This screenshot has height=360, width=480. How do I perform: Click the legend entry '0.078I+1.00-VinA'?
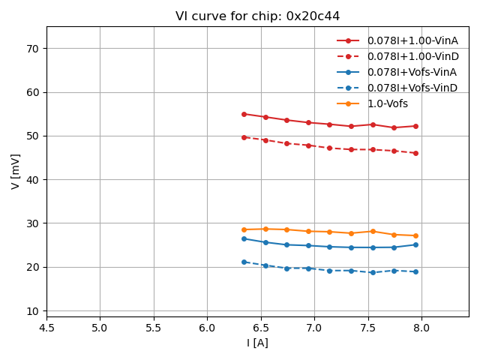coord(412,40)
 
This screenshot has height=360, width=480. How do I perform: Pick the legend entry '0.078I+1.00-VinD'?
coord(412,56)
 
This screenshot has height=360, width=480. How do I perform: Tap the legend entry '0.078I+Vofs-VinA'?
coord(412,72)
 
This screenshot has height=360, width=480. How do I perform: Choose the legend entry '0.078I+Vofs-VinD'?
coord(412,88)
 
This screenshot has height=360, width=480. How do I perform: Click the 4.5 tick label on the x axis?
coord(46,328)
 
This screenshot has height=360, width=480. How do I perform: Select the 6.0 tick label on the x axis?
coord(207,328)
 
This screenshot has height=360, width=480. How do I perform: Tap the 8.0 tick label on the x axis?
coord(421,328)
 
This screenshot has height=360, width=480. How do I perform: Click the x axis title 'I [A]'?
coord(257,343)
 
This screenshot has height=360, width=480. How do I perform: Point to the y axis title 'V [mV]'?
coord(16,171)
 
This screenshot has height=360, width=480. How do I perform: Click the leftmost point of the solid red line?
coord(244,114)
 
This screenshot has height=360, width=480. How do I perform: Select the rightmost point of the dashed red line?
coord(415,153)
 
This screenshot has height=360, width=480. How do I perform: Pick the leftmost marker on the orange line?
coord(244,229)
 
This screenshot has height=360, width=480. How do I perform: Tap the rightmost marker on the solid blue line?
coord(415,244)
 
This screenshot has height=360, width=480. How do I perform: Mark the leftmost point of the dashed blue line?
coord(244,262)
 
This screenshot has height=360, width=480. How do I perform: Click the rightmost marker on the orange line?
coord(415,235)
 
